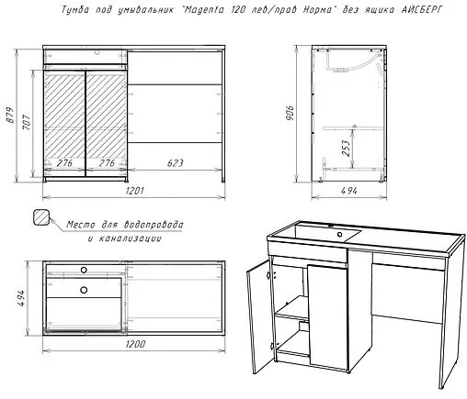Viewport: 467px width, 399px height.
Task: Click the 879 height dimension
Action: coord(10,115)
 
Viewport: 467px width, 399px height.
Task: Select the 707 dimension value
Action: coord(27,122)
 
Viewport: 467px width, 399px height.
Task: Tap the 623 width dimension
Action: coord(175,163)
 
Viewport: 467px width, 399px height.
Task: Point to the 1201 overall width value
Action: coord(134,191)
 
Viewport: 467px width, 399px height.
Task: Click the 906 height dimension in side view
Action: coord(290,113)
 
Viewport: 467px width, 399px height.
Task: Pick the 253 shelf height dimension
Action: coord(346,148)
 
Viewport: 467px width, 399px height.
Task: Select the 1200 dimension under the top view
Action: coord(135,344)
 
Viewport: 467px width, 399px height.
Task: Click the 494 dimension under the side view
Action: coord(348,191)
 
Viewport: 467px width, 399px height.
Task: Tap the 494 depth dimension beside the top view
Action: coord(20,298)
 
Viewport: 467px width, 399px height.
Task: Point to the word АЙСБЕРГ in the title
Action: coord(422,10)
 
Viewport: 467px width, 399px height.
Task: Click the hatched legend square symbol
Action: coord(41,217)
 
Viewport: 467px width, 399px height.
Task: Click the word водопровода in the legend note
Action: coord(154,225)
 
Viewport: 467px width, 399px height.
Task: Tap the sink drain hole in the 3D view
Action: coord(339,235)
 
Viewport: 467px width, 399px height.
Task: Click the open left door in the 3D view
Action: coord(257,317)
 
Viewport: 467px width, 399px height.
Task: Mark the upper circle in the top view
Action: coord(84,270)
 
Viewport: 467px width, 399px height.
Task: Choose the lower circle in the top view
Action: coord(84,290)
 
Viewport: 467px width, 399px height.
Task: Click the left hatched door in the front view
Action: coord(64,123)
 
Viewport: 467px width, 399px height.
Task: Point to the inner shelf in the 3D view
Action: coord(292,308)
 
